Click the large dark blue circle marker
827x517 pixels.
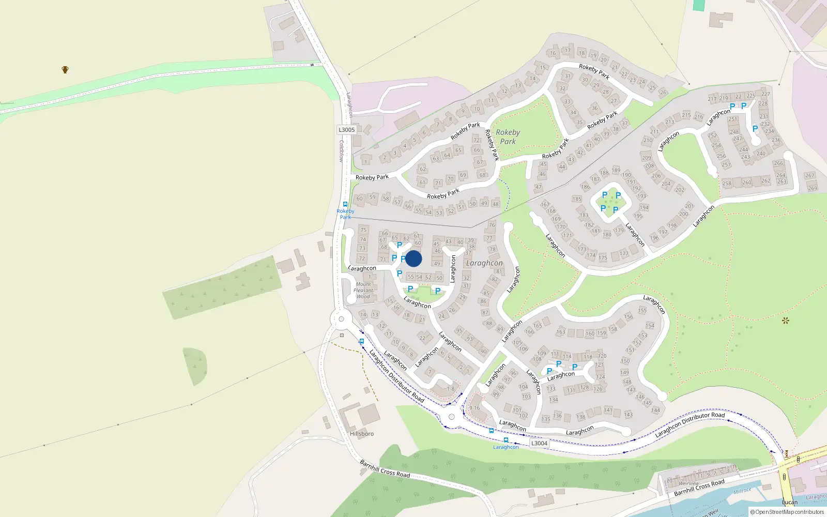[413, 258]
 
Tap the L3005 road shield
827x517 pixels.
[347, 130]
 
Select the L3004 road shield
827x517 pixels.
[539, 443]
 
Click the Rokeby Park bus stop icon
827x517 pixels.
[345, 204]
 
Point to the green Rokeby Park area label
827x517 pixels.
[508, 137]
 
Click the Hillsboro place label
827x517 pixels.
[362, 434]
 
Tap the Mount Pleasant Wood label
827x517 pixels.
[363, 291]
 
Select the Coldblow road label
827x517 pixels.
[341, 151]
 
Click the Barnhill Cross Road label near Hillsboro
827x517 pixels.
[385, 468]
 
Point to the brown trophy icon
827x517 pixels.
[65, 70]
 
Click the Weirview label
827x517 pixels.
[688, 483]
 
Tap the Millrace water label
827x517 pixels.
[742, 491]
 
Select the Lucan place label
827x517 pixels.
[790, 502]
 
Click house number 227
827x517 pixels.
[765, 94]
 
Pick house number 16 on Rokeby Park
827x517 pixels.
[553, 53]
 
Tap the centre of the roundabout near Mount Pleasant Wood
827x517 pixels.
[341, 319]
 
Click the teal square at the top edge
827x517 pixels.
[699, 5]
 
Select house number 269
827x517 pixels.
[813, 188]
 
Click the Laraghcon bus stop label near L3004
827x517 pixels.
[506, 447]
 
